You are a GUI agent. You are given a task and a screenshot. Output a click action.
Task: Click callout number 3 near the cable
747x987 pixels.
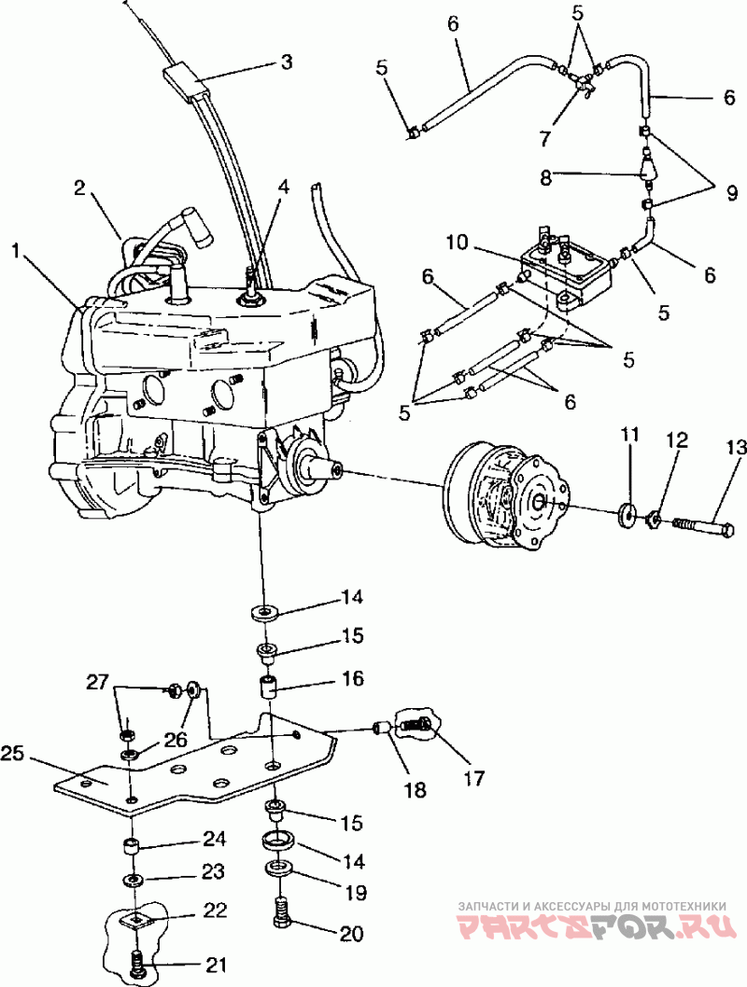tap(287, 63)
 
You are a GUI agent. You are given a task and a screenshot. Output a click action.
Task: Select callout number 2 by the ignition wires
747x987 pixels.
tap(80, 188)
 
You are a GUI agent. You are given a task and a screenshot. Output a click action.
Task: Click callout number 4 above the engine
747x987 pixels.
tap(283, 187)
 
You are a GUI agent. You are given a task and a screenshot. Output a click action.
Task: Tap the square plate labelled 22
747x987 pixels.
tap(136, 921)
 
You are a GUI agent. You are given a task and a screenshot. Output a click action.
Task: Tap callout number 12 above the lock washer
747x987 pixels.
tap(675, 439)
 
